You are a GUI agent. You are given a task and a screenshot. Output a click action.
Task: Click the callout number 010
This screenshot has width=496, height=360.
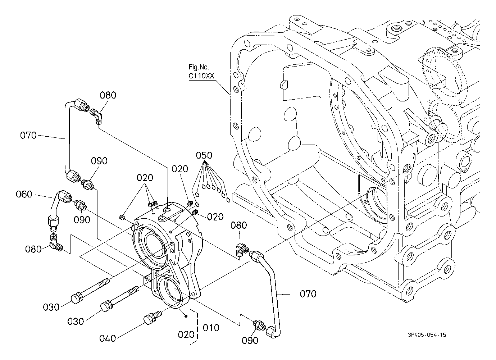tap(211, 328)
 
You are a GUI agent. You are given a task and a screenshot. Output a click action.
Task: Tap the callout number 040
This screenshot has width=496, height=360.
tap(108, 338)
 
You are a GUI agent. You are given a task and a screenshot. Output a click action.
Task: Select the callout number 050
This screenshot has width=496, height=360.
tap(204, 155)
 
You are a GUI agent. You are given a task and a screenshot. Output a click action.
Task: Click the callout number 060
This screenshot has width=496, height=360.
tap(24, 194)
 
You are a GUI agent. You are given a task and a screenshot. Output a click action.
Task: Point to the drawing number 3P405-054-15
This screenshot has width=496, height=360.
tap(427, 334)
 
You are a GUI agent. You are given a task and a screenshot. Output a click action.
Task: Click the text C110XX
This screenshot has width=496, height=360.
tap(201, 76)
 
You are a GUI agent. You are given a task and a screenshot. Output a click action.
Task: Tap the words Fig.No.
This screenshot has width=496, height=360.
tap(199, 67)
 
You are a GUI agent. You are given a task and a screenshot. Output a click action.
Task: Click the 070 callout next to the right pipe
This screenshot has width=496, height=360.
tap(308, 294)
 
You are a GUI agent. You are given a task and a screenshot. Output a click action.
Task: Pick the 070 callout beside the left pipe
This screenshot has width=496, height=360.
tap(28, 135)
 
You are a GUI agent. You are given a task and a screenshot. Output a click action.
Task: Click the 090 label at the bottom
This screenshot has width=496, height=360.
tap(250, 341)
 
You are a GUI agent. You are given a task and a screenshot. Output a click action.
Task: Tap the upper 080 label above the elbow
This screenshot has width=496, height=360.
tap(108, 95)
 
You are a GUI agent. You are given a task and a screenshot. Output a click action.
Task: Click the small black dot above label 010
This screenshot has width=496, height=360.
tap(186, 316)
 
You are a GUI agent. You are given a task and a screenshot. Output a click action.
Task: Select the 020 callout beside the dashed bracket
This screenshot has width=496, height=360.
tap(186, 335)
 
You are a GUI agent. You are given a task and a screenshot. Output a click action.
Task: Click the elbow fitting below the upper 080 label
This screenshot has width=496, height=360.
tap(97, 116)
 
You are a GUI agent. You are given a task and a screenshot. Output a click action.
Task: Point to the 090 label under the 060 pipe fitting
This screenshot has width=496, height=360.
tap(82, 220)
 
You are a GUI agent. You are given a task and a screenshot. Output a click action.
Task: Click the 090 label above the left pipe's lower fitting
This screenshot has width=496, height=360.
tap(99, 161)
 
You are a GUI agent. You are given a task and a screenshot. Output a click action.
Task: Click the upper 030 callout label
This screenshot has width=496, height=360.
tap(51, 307)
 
